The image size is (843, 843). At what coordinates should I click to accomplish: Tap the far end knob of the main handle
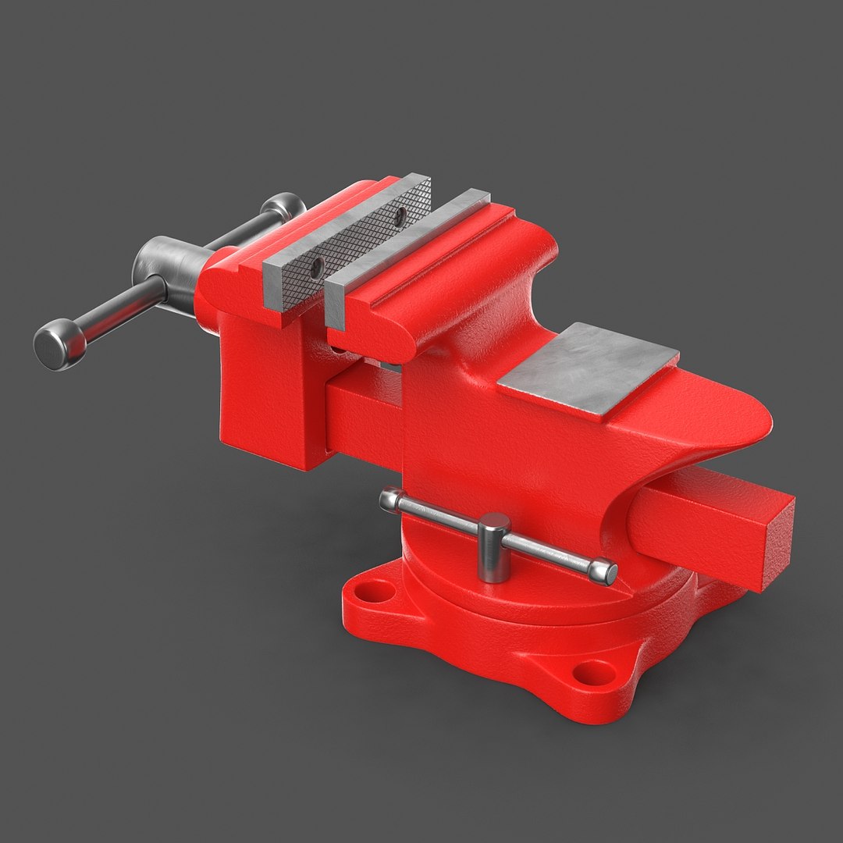(283, 207)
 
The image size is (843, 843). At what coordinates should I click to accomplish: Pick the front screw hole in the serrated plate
(315, 270)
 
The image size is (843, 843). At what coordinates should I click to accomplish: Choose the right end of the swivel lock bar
(608, 573)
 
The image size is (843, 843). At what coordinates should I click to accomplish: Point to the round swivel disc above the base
(546, 601)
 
